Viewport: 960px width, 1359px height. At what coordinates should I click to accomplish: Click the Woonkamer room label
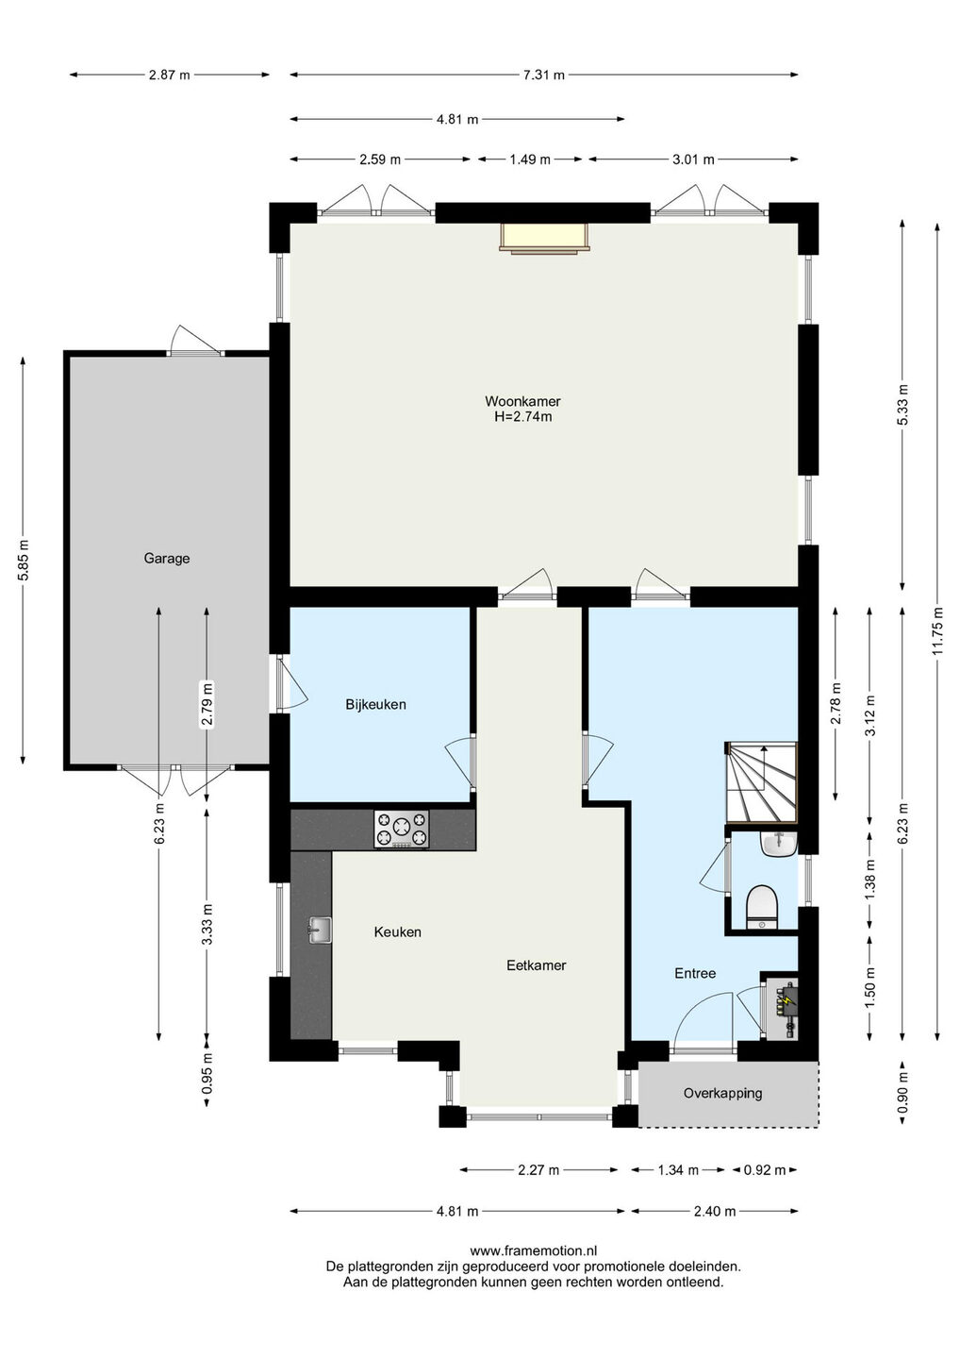522,401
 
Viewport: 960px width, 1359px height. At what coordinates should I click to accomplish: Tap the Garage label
167,558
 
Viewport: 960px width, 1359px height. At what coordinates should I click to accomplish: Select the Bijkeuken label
375,704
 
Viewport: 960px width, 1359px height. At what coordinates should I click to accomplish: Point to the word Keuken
398,931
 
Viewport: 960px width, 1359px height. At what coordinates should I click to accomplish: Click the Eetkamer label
537,965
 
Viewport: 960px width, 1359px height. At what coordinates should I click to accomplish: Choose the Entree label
695,973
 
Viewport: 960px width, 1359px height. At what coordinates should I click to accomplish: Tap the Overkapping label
722,1093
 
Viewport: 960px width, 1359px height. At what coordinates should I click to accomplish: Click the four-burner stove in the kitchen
401,829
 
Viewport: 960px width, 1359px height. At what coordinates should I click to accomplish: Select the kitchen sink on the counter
320,931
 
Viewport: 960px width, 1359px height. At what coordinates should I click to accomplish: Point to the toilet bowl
761,907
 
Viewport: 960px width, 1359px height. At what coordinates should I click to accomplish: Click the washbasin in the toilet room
778,843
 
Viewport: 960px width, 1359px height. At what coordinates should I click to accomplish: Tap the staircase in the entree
761,782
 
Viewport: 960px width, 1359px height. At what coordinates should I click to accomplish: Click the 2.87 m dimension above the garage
169,75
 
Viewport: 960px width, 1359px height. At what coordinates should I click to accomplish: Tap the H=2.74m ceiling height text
522,417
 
